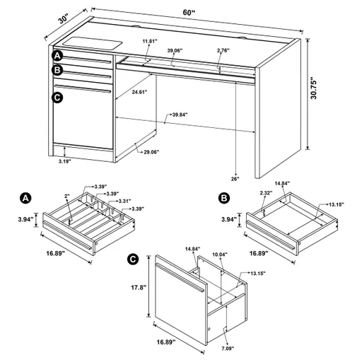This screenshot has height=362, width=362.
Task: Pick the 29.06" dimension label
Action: click(x=150, y=152)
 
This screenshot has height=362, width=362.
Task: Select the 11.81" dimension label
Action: click(x=148, y=41)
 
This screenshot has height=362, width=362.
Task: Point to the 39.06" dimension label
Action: click(x=175, y=50)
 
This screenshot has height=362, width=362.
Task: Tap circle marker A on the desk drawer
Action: click(x=57, y=56)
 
